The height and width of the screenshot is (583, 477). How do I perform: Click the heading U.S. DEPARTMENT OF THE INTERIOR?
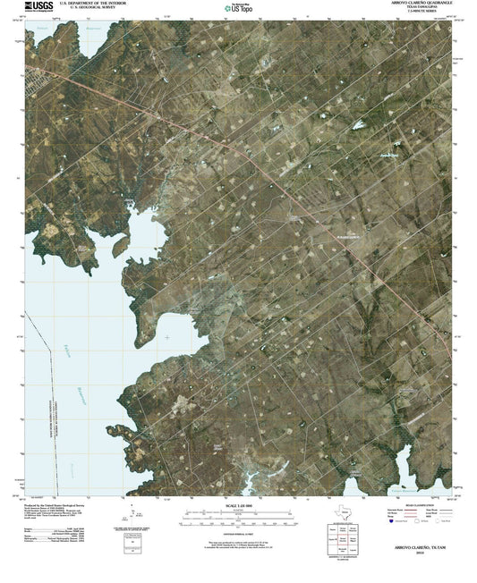[x=88, y=4]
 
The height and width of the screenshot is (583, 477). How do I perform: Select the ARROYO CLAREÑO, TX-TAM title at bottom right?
[x=416, y=545]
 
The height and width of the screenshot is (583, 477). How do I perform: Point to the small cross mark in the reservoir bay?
[x=167, y=337]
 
